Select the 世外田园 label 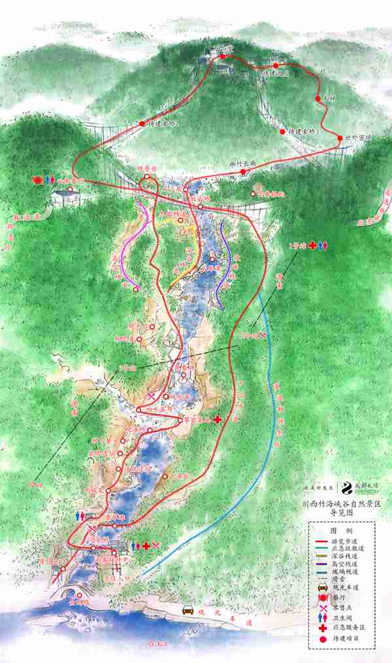(x=357, y=138)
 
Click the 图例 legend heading (x=342, y=531)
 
